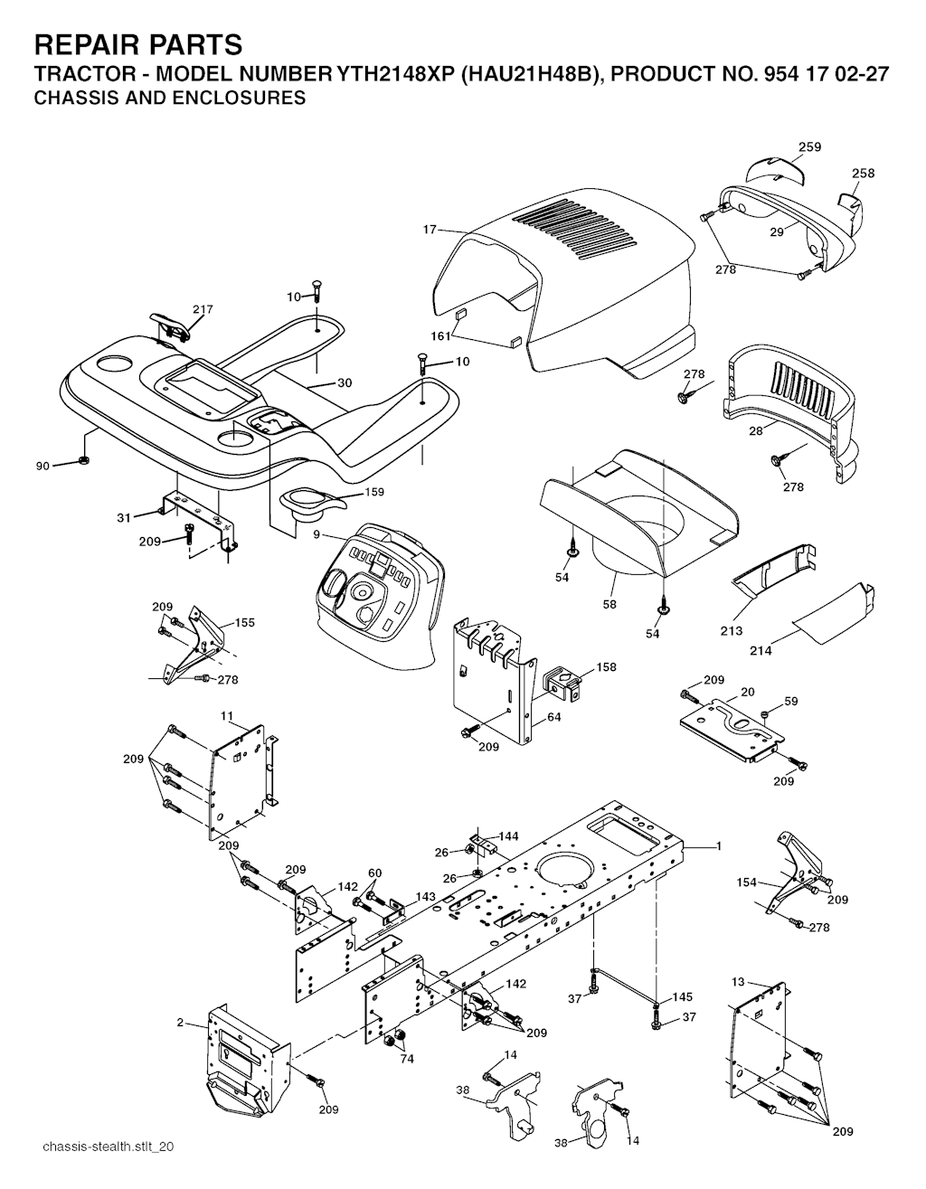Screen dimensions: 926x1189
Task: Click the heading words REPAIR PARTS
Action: point(138,45)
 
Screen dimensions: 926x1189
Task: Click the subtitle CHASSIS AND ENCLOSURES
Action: point(170,98)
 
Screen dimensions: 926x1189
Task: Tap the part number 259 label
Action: point(809,146)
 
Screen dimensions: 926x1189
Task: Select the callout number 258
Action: point(863,173)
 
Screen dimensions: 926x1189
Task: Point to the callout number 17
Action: point(430,230)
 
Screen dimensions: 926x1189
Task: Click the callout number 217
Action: point(203,309)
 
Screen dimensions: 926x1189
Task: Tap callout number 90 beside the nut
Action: point(43,467)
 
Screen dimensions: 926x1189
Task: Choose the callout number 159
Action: point(373,492)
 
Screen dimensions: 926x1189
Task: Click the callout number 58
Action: point(609,604)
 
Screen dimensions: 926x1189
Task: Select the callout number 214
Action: point(761,651)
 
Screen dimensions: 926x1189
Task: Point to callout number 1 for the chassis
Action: point(719,846)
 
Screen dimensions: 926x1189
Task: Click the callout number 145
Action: point(683,996)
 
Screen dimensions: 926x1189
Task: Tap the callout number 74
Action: point(407,1059)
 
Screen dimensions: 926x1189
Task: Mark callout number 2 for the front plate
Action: point(180,1022)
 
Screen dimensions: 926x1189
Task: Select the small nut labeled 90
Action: point(84,459)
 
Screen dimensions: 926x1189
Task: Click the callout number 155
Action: point(245,622)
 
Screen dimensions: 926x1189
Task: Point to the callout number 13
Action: point(738,982)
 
